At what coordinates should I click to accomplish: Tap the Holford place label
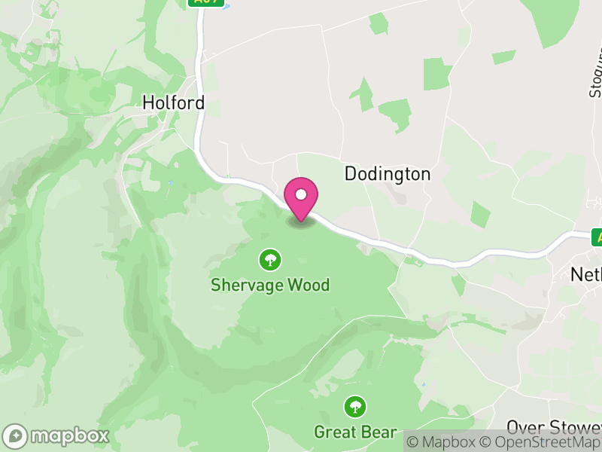click(x=173, y=102)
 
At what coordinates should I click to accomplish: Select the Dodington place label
click(x=388, y=174)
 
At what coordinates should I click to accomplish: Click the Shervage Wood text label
click(x=270, y=286)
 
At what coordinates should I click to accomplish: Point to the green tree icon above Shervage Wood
click(x=270, y=261)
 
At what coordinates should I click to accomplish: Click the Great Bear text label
click(x=355, y=432)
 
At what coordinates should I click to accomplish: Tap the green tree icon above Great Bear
click(x=355, y=408)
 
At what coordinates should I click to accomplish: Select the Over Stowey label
click(x=554, y=427)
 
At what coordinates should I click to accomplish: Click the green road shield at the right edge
click(x=597, y=237)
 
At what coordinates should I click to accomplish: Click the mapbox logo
click(x=57, y=435)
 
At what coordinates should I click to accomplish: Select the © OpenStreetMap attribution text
click(x=542, y=443)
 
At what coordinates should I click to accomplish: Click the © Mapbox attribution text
click(x=444, y=443)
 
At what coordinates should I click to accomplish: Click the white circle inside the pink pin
click(x=301, y=194)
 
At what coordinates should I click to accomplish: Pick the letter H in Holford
click(x=148, y=102)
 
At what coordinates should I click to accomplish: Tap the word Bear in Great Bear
click(x=380, y=432)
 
